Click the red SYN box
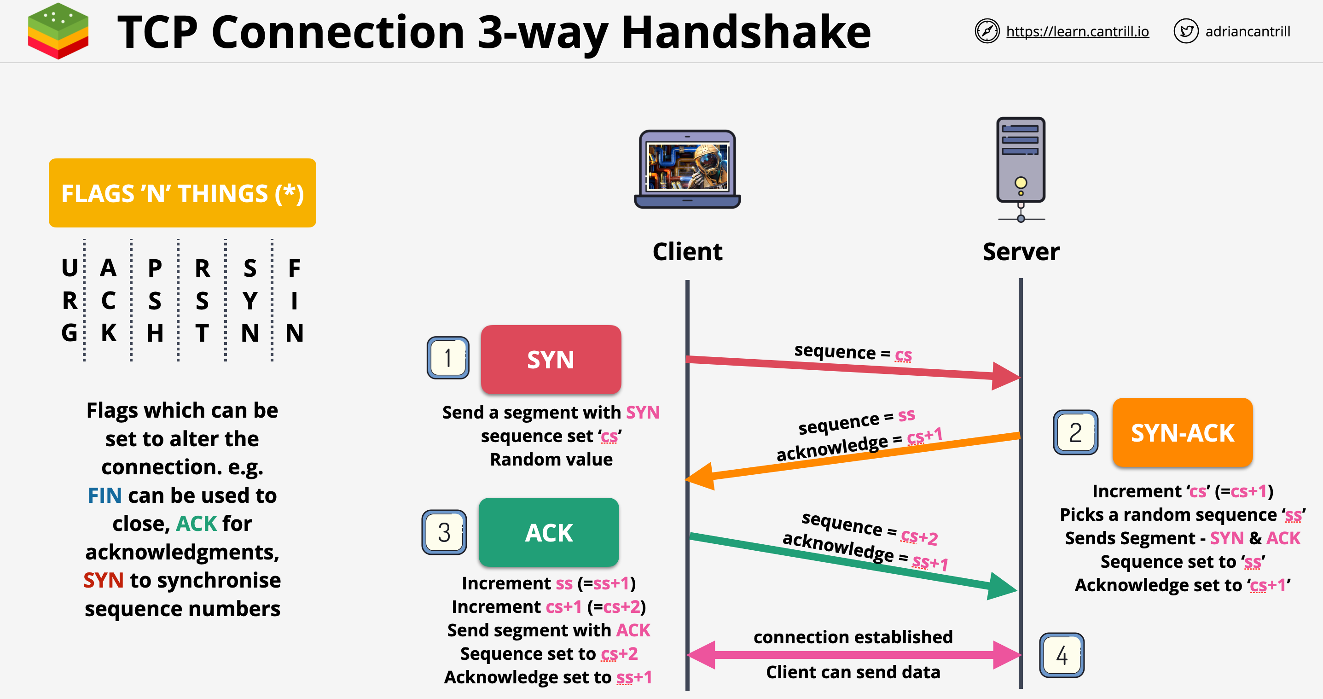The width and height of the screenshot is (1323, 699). (x=551, y=360)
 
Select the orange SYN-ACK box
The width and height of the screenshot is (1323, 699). (x=1182, y=432)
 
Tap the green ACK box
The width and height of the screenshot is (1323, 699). (x=549, y=533)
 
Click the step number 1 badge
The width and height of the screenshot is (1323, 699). (x=448, y=358)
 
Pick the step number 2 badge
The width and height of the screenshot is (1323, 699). (x=1075, y=432)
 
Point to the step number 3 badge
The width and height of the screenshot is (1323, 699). (x=444, y=532)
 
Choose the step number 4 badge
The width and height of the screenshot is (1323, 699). (x=1062, y=655)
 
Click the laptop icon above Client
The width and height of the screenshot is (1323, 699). (x=687, y=169)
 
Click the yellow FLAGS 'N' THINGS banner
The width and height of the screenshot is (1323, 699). (x=182, y=193)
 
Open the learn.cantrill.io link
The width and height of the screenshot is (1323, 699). (x=1077, y=31)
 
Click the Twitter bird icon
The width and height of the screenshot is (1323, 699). (x=1185, y=31)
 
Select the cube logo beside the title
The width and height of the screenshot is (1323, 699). (x=58, y=31)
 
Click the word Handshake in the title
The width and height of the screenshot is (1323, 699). (x=746, y=32)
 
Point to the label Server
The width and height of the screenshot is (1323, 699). (x=1021, y=252)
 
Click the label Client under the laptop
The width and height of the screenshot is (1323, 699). (x=687, y=252)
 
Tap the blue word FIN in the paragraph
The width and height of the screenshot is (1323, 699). (x=104, y=495)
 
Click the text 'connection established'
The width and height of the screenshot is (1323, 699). (x=853, y=637)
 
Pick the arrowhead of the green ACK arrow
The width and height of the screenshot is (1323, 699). (x=1002, y=587)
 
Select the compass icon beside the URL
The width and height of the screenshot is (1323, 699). (x=986, y=31)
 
